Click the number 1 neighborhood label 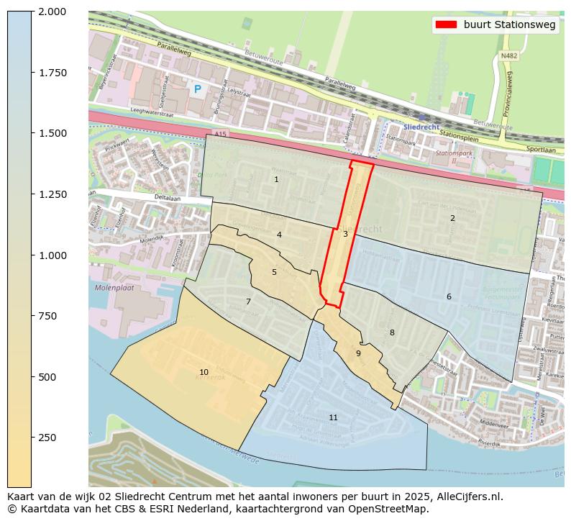[x=276, y=179]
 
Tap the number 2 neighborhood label [x=452, y=218]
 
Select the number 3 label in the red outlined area [x=345, y=234]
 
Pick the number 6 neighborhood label [x=449, y=296]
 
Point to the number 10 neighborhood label [x=204, y=372]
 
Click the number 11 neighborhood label [x=333, y=417]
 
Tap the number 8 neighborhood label [x=392, y=332]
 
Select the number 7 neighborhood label [x=248, y=302]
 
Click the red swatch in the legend [x=446, y=24]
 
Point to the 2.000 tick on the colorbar [x=52, y=12]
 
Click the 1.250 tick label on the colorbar [x=52, y=194]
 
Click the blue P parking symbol [x=197, y=89]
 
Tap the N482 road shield [x=508, y=55]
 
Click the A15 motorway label [x=220, y=135]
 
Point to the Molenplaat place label [x=114, y=288]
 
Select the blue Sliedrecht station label [x=421, y=127]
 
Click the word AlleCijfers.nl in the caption [x=469, y=497]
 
